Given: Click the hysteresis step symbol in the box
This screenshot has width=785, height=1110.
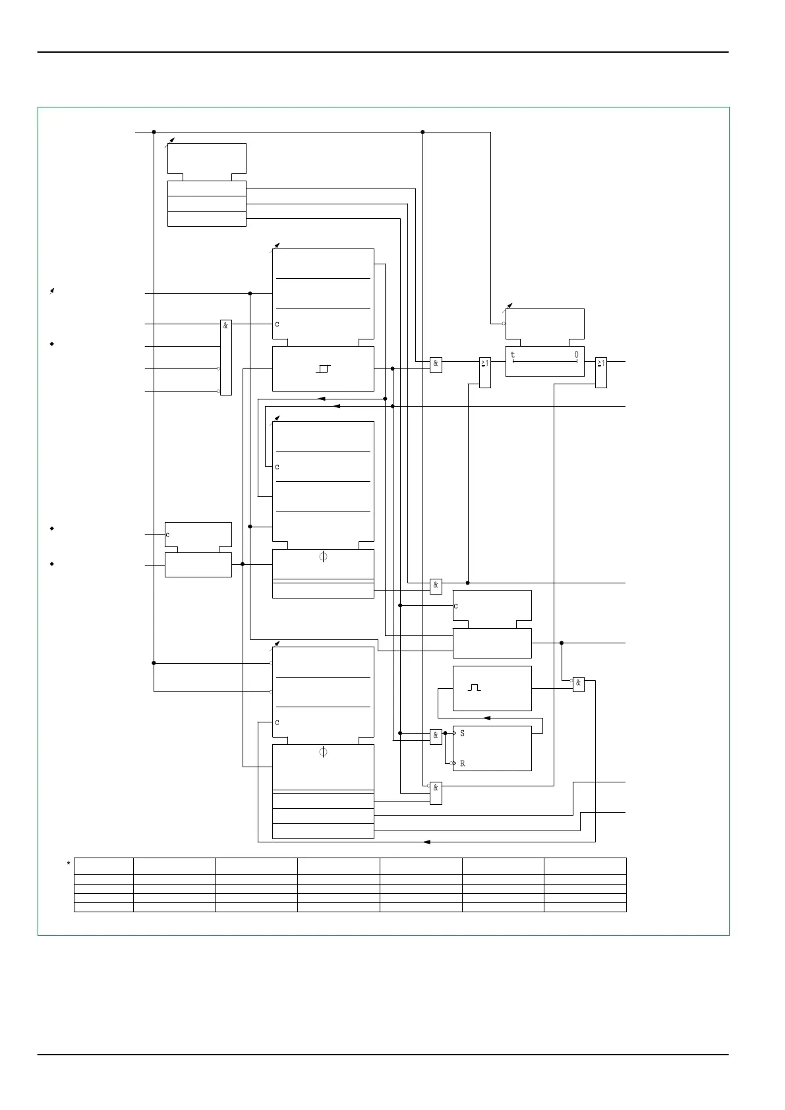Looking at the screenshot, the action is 323,368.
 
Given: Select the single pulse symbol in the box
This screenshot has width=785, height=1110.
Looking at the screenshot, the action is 475,687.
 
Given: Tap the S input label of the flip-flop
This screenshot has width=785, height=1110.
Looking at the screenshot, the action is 462,733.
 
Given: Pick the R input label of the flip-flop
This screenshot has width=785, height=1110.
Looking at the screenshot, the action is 462,763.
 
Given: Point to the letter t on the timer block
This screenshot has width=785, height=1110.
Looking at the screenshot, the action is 513,355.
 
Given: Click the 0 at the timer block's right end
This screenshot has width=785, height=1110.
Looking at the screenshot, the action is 576,355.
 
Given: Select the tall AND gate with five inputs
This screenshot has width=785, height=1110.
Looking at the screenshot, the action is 225,357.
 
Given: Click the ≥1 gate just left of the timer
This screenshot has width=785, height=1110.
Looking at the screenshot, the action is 484,372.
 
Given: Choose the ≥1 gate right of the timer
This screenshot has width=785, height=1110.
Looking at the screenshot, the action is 600,372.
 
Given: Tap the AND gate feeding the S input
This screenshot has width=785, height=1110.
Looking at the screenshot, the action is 436,736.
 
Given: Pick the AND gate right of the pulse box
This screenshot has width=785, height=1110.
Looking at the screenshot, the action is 578,684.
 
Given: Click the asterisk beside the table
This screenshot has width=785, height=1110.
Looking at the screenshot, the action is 69,863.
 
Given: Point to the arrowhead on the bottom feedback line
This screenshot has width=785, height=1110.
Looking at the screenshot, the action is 426,842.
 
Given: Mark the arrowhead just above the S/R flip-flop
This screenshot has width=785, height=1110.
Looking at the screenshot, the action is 487,718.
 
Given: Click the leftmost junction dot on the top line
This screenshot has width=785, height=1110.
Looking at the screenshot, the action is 154,132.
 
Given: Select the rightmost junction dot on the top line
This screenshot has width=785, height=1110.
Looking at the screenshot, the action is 422,132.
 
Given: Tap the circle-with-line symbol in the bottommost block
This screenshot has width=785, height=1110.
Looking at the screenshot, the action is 323,752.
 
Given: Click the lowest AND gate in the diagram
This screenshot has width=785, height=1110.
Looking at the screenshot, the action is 436,793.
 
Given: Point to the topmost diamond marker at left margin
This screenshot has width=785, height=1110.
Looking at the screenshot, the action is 51,344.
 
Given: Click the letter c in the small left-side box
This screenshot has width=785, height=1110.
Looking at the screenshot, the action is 167,535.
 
